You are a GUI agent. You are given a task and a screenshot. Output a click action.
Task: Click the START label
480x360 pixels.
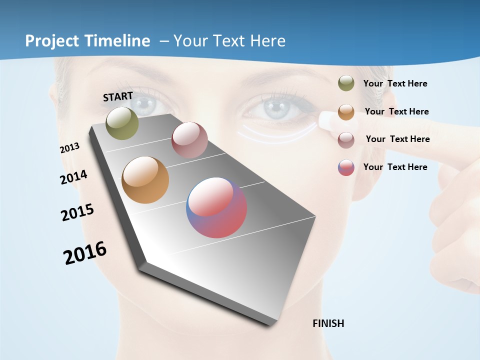pyautogui.click(x=118, y=96)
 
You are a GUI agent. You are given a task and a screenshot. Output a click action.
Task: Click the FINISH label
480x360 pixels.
pyautogui.click(x=328, y=323)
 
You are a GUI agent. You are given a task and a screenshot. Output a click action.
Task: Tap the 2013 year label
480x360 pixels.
pyautogui.click(x=70, y=148)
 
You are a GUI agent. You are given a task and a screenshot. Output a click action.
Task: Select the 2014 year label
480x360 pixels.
pyautogui.click(x=74, y=177)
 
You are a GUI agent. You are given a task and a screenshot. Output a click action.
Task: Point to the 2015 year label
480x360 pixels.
pyautogui.click(x=77, y=212)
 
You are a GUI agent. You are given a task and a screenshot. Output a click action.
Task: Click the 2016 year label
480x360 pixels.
pyautogui.click(x=85, y=253)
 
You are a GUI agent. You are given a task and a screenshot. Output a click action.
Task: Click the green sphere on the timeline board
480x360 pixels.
pyautogui.click(x=122, y=123)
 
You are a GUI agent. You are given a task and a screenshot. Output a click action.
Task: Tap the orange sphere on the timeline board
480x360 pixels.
pyautogui.click(x=145, y=180)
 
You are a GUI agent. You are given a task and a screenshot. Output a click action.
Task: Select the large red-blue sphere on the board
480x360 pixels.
pyautogui.click(x=216, y=207)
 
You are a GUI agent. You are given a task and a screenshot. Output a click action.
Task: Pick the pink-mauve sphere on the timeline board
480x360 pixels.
pyautogui.click(x=189, y=140)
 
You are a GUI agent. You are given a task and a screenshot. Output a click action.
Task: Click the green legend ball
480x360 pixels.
pyautogui.click(x=346, y=83)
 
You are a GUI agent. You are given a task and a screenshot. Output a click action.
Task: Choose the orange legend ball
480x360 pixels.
pyautogui.click(x=346, y=111)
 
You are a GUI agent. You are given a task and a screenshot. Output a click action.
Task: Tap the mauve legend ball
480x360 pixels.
pyautogui.click(x=346, y=139)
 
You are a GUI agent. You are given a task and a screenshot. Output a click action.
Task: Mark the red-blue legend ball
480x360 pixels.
pyautogui.click(x=346, y=167)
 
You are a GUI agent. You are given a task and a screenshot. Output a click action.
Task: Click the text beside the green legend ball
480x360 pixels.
pyautogui.click(x=395, y=83)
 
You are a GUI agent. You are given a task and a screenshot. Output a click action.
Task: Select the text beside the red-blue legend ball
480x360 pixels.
pyautogui.click(x=395, y=167)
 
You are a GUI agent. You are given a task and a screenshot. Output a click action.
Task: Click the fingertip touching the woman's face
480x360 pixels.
pyautogui.click(x=327, y=119)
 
